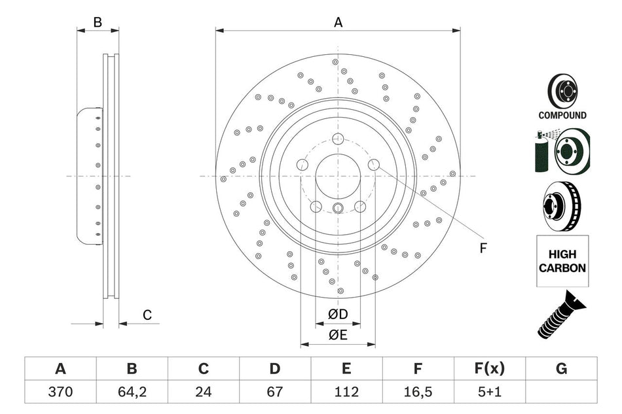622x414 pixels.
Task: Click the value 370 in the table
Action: coord(60,392)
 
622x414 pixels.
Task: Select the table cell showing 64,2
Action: coord(132,392)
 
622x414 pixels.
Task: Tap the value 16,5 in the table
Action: coord(418,392)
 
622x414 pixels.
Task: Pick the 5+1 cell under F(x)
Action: coord(489,392)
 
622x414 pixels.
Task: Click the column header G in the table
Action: coord(561,369)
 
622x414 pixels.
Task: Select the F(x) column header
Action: coord(489,369)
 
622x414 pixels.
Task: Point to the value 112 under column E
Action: coord(346,392)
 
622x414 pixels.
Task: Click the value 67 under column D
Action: coord(275,392)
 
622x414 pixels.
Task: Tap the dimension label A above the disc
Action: coord(338,22)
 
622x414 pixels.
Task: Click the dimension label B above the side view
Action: coord(98,22)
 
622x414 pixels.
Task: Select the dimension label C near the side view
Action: coord(147,315)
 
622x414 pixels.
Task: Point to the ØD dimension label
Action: coord(338,315)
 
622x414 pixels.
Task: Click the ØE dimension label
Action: coord(338,335)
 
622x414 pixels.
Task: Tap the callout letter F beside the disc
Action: coord(483,248)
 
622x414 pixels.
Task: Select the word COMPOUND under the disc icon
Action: coord(562,115)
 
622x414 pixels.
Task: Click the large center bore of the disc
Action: coord(338,175)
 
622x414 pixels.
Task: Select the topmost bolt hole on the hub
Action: coord(338,139)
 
